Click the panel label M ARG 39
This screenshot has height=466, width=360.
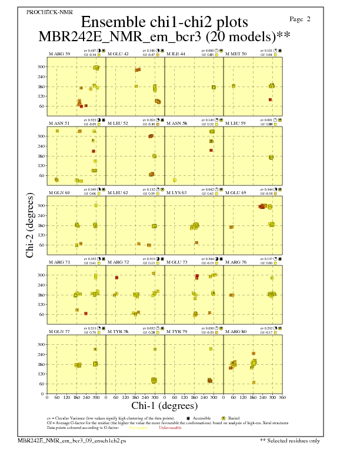pyautogui.click(x=59, y=54)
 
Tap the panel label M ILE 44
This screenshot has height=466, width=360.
pyautogui.click(x=175, y=54)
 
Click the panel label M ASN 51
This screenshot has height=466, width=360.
pyautogui.click(x=59, y=123)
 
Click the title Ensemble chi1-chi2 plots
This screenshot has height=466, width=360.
pyautogui.click(x=159, y=22)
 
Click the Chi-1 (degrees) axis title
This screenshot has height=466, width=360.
pyautogui.click(x=160, y=405)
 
